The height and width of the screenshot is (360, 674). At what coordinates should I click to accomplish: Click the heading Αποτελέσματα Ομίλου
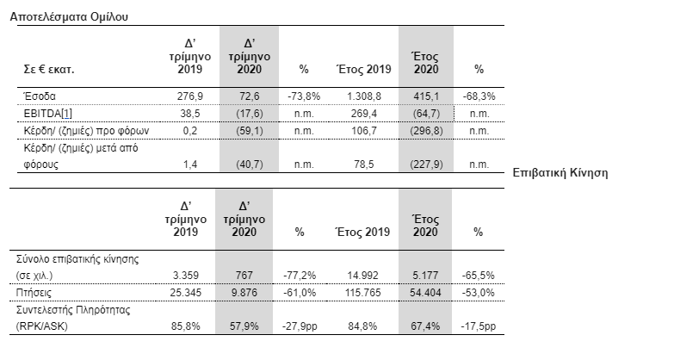pyautogui.click(x=69, y=16)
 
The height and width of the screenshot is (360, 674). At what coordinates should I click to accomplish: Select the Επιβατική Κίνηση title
pyautogui.click(x=560, y=173)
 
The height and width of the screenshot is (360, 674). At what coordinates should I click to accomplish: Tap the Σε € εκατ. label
pyautogui.click(x=49, y=69)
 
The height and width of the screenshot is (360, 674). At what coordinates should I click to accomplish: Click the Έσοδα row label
pyautogui.click(x=40, y=96)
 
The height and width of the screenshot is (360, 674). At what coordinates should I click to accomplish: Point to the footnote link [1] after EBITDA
pyautogui.click(x=67, y=114)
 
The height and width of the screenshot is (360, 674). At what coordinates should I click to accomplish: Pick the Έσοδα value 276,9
pyautogui.click(x=190, y=96)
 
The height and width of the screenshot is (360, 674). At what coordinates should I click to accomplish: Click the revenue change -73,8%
pyautogui.click(x=304, y=96)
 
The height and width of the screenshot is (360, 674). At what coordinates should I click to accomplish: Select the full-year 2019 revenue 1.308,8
pyautogui.click(x=364, y=96)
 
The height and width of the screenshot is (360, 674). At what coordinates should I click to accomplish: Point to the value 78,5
pyautogui.click(x=364, y=164)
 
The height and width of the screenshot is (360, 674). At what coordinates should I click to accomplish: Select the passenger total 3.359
pyautogui.click(x=186, y=276)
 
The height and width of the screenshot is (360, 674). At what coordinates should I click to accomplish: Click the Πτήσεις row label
pyautogui.click(x=34, y=293)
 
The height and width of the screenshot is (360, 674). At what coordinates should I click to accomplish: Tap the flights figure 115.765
pyautogui.click(x=362, y=293)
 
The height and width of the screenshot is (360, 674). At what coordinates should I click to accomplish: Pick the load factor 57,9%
pyautogui.click(x=244, y=326)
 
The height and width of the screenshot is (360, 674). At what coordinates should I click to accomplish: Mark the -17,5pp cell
pyautogui.click(x=479, y=326)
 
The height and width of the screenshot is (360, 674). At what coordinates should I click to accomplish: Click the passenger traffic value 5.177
pyautogui.click(x=425, y=276)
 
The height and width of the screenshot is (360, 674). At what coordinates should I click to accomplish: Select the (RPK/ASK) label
pyautogui.click(x=41, y=326)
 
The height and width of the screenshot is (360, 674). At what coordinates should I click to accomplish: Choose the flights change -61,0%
pyautogui.click(x=300, y=293)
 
